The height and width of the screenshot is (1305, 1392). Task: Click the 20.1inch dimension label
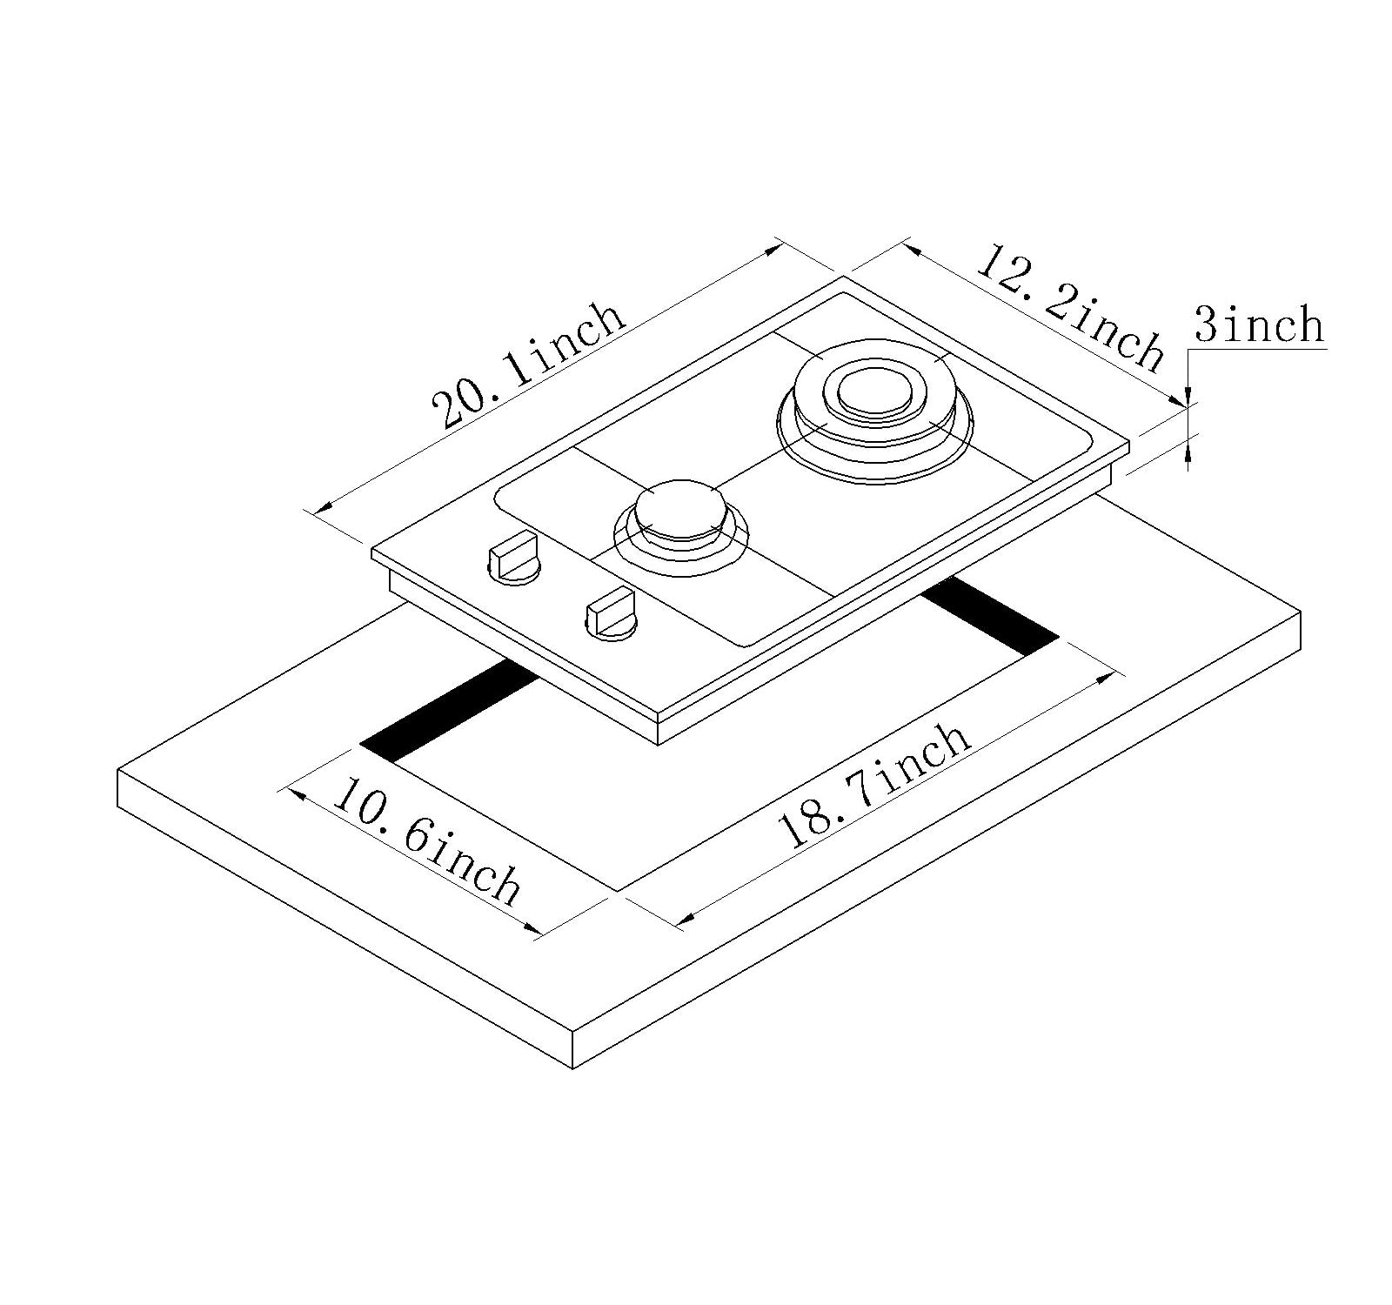[x=530, y=366]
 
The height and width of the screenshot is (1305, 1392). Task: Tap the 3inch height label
[x=1258, y=324]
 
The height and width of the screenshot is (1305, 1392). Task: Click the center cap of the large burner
[x=873, y=389]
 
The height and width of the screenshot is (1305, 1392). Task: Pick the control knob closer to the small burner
[x=611, y=614]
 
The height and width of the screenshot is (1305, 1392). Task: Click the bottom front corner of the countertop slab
[x=573, y=1067]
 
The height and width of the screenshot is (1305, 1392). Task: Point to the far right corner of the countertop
[x=1302, y=613]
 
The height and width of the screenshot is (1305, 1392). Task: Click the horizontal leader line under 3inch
[x=1257, y=350]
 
